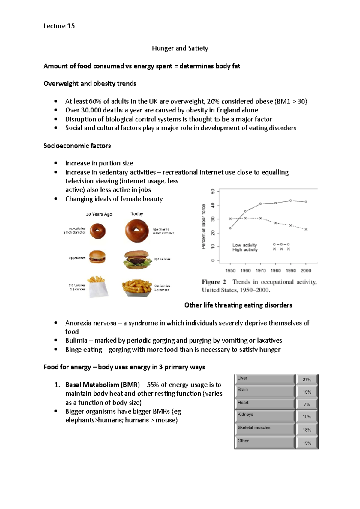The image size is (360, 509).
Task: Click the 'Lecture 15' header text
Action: pyautogui.click(x=59, y=26)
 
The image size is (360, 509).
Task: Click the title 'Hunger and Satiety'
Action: pyautogui.click(x=180, y=48)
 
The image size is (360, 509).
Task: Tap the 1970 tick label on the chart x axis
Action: pyautogui.click(x=260, y=271)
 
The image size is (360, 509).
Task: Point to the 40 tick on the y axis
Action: pyautogui.click(x=213, y=205)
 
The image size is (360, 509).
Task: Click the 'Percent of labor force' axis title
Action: pyautogui.click(x=204, y=226)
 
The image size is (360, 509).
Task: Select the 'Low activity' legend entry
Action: pyautogui.click(x=244, y=245)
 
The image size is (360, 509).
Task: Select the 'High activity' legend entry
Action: pyautogui.click(x=245, y=250)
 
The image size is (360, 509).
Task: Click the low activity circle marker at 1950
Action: pyautogui.click(x=230, y=228)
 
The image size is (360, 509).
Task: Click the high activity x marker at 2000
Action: pyautogui.click(x=306, y=229)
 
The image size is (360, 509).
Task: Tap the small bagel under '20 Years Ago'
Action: pyautogui.click(x=97, y=231)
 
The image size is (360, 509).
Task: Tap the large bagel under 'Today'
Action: pyautogui.click(x=137, y=231)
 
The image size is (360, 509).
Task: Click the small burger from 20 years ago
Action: pyautogui.click(x=97, y=257)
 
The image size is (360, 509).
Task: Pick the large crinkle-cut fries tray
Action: pyautogui.click(x=137, y=287)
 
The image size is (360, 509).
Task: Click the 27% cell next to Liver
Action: pyautogui.click(x=307, y=380)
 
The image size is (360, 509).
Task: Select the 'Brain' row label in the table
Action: pyautogui.click(x=243, y=390)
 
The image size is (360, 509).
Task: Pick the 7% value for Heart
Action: pyautogui.click(x=307, y=404)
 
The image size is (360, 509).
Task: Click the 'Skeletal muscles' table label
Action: pyautogui.click(x=254, y=427)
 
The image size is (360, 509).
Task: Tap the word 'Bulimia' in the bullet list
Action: pyautogui.click(x=76, y=341)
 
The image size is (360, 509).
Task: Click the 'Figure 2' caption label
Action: pyautogui.click(x=214, y=282)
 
